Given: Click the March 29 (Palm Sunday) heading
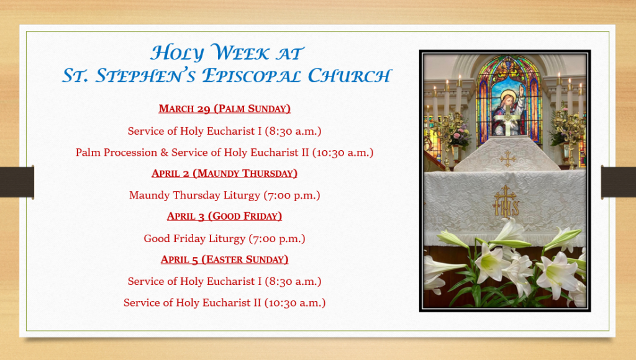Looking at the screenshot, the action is (224, 109).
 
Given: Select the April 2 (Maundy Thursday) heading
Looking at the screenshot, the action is (224, 174).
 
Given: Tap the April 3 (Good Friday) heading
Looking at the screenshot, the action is (224, 216).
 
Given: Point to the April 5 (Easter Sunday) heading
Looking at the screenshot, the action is (224, 259).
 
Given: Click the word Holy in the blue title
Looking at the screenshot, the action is (177, 53).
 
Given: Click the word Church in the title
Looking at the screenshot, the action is (350, 76).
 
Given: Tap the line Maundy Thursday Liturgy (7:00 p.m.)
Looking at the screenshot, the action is (224, 196).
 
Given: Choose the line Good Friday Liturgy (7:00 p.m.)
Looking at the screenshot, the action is (224, 238).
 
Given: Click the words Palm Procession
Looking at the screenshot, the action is (116, 153).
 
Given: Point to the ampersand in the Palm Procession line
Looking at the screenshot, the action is (164, 153).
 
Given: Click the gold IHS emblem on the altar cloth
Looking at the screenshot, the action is (506, 202).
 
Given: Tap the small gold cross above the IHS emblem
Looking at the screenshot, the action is (507, 159).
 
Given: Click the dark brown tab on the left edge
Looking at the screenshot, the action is (17, 182).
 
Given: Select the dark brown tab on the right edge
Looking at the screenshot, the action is (618, 182).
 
